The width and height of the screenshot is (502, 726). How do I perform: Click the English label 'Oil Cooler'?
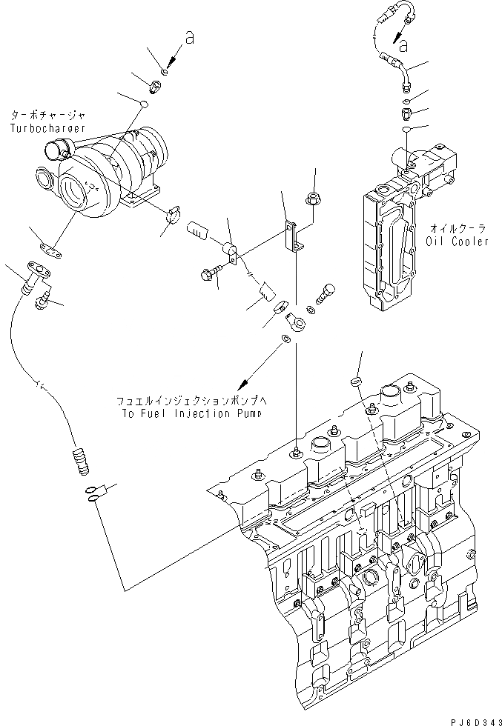[x=458, y=242]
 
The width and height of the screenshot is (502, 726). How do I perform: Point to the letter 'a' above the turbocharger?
[x=189, y=39]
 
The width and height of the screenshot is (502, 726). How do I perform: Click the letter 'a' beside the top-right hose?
[x=403, y=46]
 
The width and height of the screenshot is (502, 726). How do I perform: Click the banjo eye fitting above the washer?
[x=296, y=322]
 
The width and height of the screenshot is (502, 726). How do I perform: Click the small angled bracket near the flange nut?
[x=294, y=236]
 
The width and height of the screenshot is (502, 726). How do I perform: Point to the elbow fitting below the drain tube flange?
[x=43, y=299]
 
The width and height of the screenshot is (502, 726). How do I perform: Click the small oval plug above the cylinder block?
[x=354, y=379]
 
